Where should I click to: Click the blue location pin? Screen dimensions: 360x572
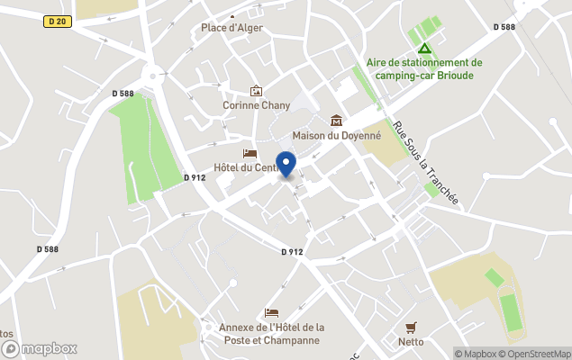286,165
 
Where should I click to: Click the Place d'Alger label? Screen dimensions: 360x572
232,28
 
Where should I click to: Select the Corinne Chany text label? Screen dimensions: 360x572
257,105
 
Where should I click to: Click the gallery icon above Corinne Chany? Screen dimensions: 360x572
257,91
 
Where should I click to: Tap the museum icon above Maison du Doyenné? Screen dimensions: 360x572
337,121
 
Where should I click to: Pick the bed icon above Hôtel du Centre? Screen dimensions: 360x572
250,153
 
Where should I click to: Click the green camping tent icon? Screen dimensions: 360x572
424,48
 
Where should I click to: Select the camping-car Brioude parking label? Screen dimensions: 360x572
424,68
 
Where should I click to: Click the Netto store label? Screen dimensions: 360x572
412,341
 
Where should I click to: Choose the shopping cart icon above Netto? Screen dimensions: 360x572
412,327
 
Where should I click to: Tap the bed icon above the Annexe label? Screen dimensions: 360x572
271,311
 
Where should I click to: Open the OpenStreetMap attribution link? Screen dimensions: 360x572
539,354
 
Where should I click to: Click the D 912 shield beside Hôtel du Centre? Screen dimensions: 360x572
194,177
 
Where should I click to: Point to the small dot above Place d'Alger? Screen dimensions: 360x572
232,16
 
